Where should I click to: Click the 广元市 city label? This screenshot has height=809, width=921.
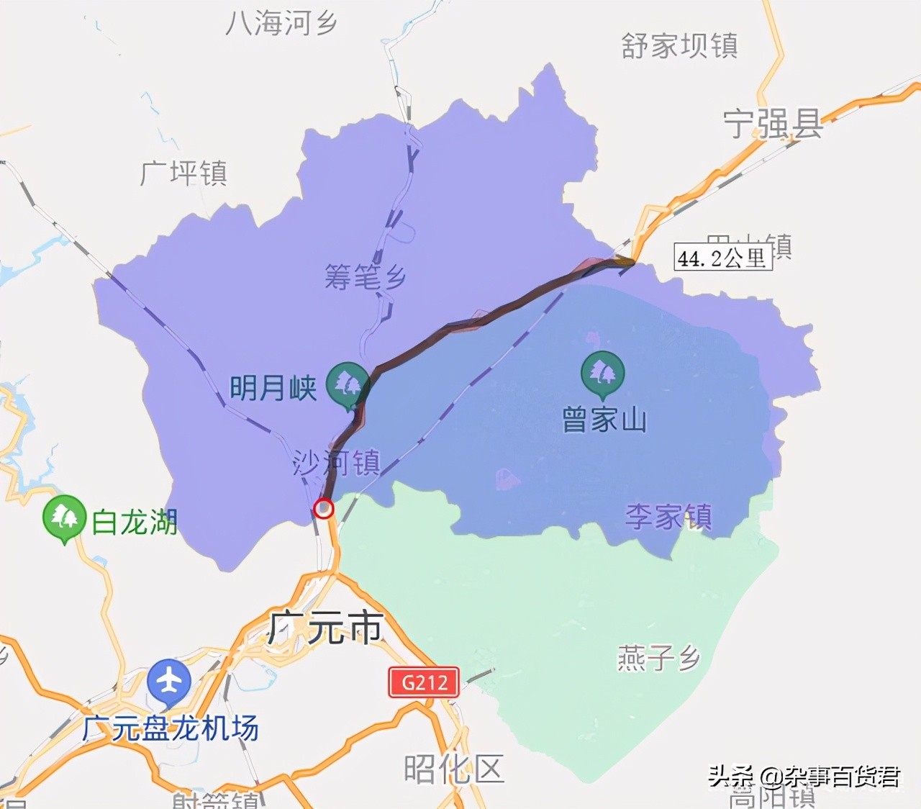point(325,628)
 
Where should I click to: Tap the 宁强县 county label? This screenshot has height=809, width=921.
point(773,125)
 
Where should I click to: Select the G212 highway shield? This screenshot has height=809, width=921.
point(424,682)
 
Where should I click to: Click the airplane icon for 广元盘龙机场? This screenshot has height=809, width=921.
point(169,680)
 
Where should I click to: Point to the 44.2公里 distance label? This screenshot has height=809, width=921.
point(722,258)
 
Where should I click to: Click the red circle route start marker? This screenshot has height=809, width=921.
point(324,508)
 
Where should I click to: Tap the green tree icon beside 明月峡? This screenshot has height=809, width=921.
point(348,384)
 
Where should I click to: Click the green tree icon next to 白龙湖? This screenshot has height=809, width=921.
point(64,517)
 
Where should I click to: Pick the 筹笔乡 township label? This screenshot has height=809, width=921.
point(365,276)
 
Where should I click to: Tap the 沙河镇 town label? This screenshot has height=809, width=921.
point(336,463)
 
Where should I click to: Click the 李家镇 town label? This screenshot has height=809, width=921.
point(668,516)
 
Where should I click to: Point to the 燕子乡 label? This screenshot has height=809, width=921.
point(658,658)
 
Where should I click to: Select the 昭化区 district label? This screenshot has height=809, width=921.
point(453,769)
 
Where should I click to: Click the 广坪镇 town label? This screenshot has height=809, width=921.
point(184,173)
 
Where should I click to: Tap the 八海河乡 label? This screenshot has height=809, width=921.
point(281,23)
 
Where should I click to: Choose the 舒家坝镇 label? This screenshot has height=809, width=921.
point(679,45)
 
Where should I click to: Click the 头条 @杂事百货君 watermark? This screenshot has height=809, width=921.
point(804,777)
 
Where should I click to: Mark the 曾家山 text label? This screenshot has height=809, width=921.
point(604,420)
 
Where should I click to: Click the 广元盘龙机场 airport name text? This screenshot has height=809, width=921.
point(171,728)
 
